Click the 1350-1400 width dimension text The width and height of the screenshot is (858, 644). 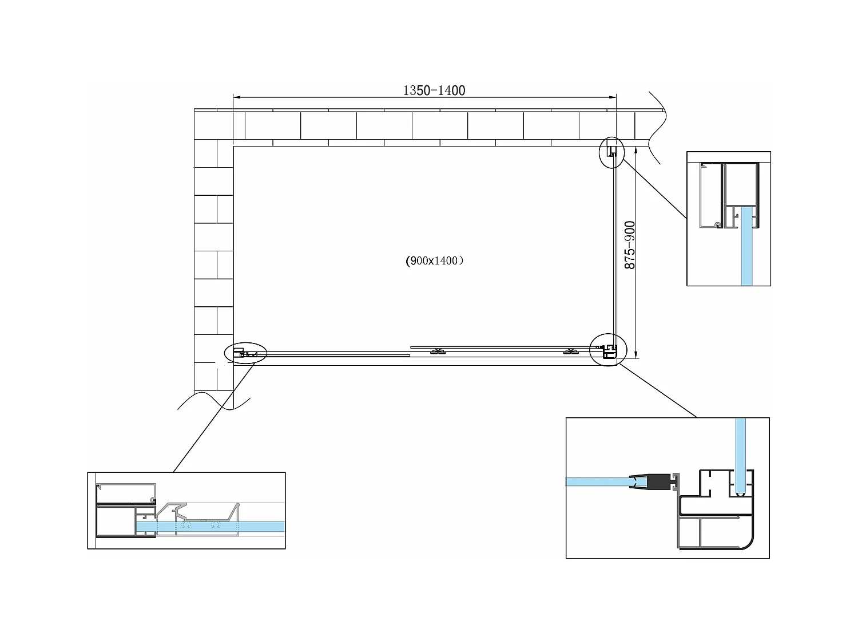tap(434, 90)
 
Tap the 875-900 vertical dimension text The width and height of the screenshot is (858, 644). tap(630, 245)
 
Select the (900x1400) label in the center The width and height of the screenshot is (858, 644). tap(435, 261)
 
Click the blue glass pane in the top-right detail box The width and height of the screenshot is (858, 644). tap(746, 246)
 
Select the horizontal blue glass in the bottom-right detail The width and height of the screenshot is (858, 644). tap(598, 481)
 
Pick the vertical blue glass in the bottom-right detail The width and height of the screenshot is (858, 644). tap(740, 455)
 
